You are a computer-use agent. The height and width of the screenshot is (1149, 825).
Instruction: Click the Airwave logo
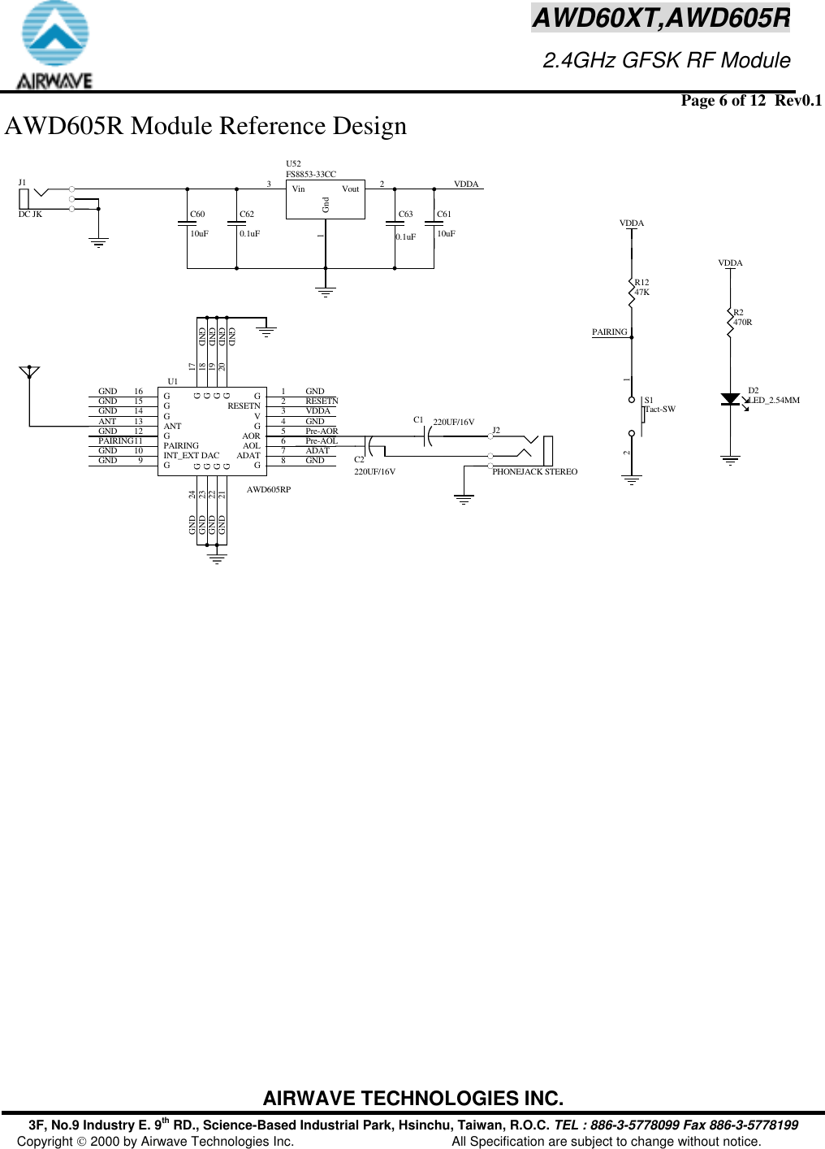[54, 46]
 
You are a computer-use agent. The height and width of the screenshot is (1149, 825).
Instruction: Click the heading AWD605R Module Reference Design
[205, 127]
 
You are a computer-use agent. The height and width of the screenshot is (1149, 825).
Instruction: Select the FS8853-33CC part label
[310, 174]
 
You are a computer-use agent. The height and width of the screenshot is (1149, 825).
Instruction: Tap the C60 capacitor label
[197, 215]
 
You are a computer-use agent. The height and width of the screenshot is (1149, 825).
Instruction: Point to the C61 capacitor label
[443, 215]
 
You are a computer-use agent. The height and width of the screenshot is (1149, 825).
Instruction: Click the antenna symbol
[29, 373]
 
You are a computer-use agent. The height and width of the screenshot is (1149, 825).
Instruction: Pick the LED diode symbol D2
[730, 399]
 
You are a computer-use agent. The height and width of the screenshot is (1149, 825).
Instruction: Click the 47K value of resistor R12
[641, 293]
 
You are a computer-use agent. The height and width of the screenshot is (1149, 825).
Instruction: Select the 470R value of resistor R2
[742, 323]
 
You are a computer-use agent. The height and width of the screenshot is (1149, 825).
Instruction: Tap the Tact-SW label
[660, 410]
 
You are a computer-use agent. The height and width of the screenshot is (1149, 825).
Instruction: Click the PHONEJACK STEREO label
[534, 472]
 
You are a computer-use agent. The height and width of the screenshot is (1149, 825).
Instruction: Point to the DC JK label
[30, 215]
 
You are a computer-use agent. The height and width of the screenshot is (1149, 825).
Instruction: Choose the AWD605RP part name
[268, 490]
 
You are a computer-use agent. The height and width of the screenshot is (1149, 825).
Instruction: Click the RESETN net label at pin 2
[322, 401]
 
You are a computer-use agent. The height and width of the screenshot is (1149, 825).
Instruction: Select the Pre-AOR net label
[322, 431]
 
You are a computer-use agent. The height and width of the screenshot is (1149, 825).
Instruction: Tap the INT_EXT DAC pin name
[191, 456]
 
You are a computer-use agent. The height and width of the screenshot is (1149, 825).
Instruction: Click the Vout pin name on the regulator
[350, 189]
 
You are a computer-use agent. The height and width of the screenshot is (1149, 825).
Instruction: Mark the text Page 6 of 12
[723, 101]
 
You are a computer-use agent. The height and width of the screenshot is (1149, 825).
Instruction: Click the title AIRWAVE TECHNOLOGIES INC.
[412, 1099]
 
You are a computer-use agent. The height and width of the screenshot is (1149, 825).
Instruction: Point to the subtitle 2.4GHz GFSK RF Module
[666, 61]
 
